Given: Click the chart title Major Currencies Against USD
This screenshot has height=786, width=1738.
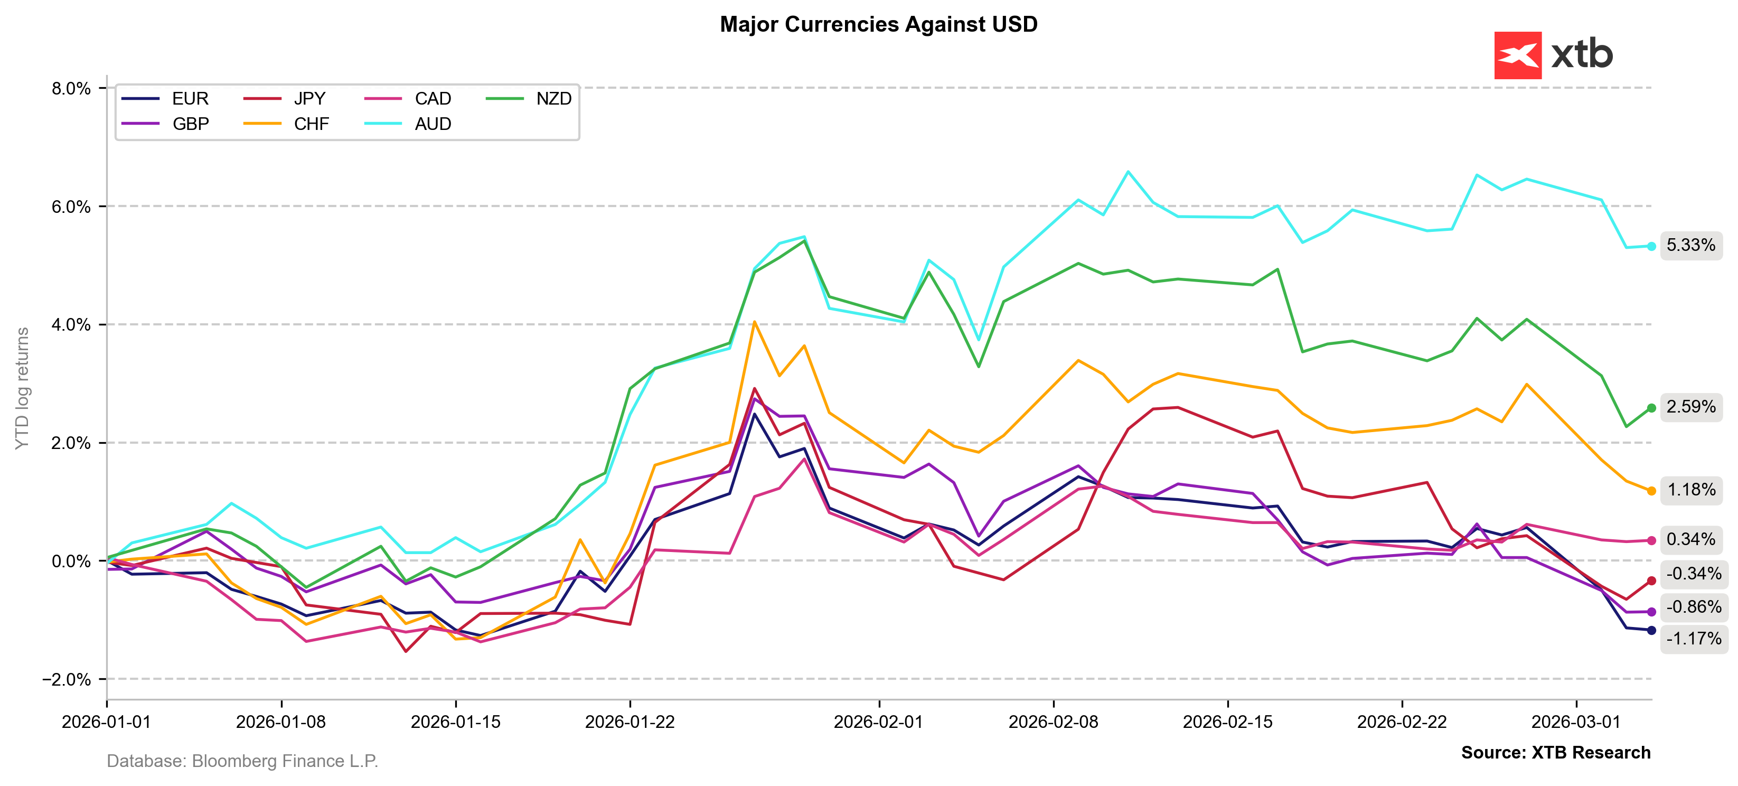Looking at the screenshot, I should (878, 24).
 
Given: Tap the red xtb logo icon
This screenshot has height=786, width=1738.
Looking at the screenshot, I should (1517, 55).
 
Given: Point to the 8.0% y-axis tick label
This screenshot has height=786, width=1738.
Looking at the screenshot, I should (71, 88).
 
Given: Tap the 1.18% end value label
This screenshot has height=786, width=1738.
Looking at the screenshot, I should (1691, 490).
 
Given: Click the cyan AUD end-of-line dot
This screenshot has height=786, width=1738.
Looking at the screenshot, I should (1651, 246).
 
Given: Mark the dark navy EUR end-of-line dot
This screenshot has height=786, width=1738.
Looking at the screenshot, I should (1651, 630).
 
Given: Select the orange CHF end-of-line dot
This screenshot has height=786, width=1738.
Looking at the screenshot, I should (1651, 491).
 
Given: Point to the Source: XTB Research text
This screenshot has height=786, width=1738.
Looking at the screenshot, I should (1555, 752).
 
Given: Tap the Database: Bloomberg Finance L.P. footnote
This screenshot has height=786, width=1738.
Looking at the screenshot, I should (242, 761).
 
